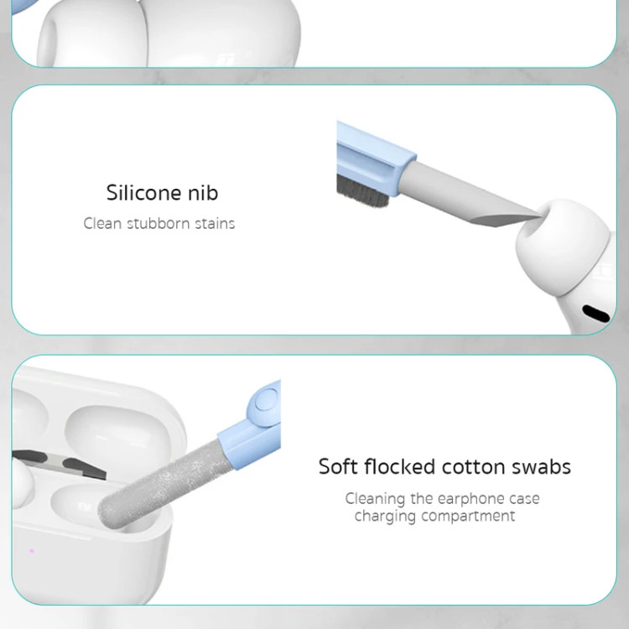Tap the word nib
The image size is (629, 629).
pos(204,193)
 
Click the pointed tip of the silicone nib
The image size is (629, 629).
pos(539,217)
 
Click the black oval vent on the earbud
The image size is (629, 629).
pos(595,314)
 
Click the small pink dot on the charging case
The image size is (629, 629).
pos(32,551)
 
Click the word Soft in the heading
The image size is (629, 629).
pos(338,466)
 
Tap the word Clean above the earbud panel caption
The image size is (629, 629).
pos(102,223)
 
